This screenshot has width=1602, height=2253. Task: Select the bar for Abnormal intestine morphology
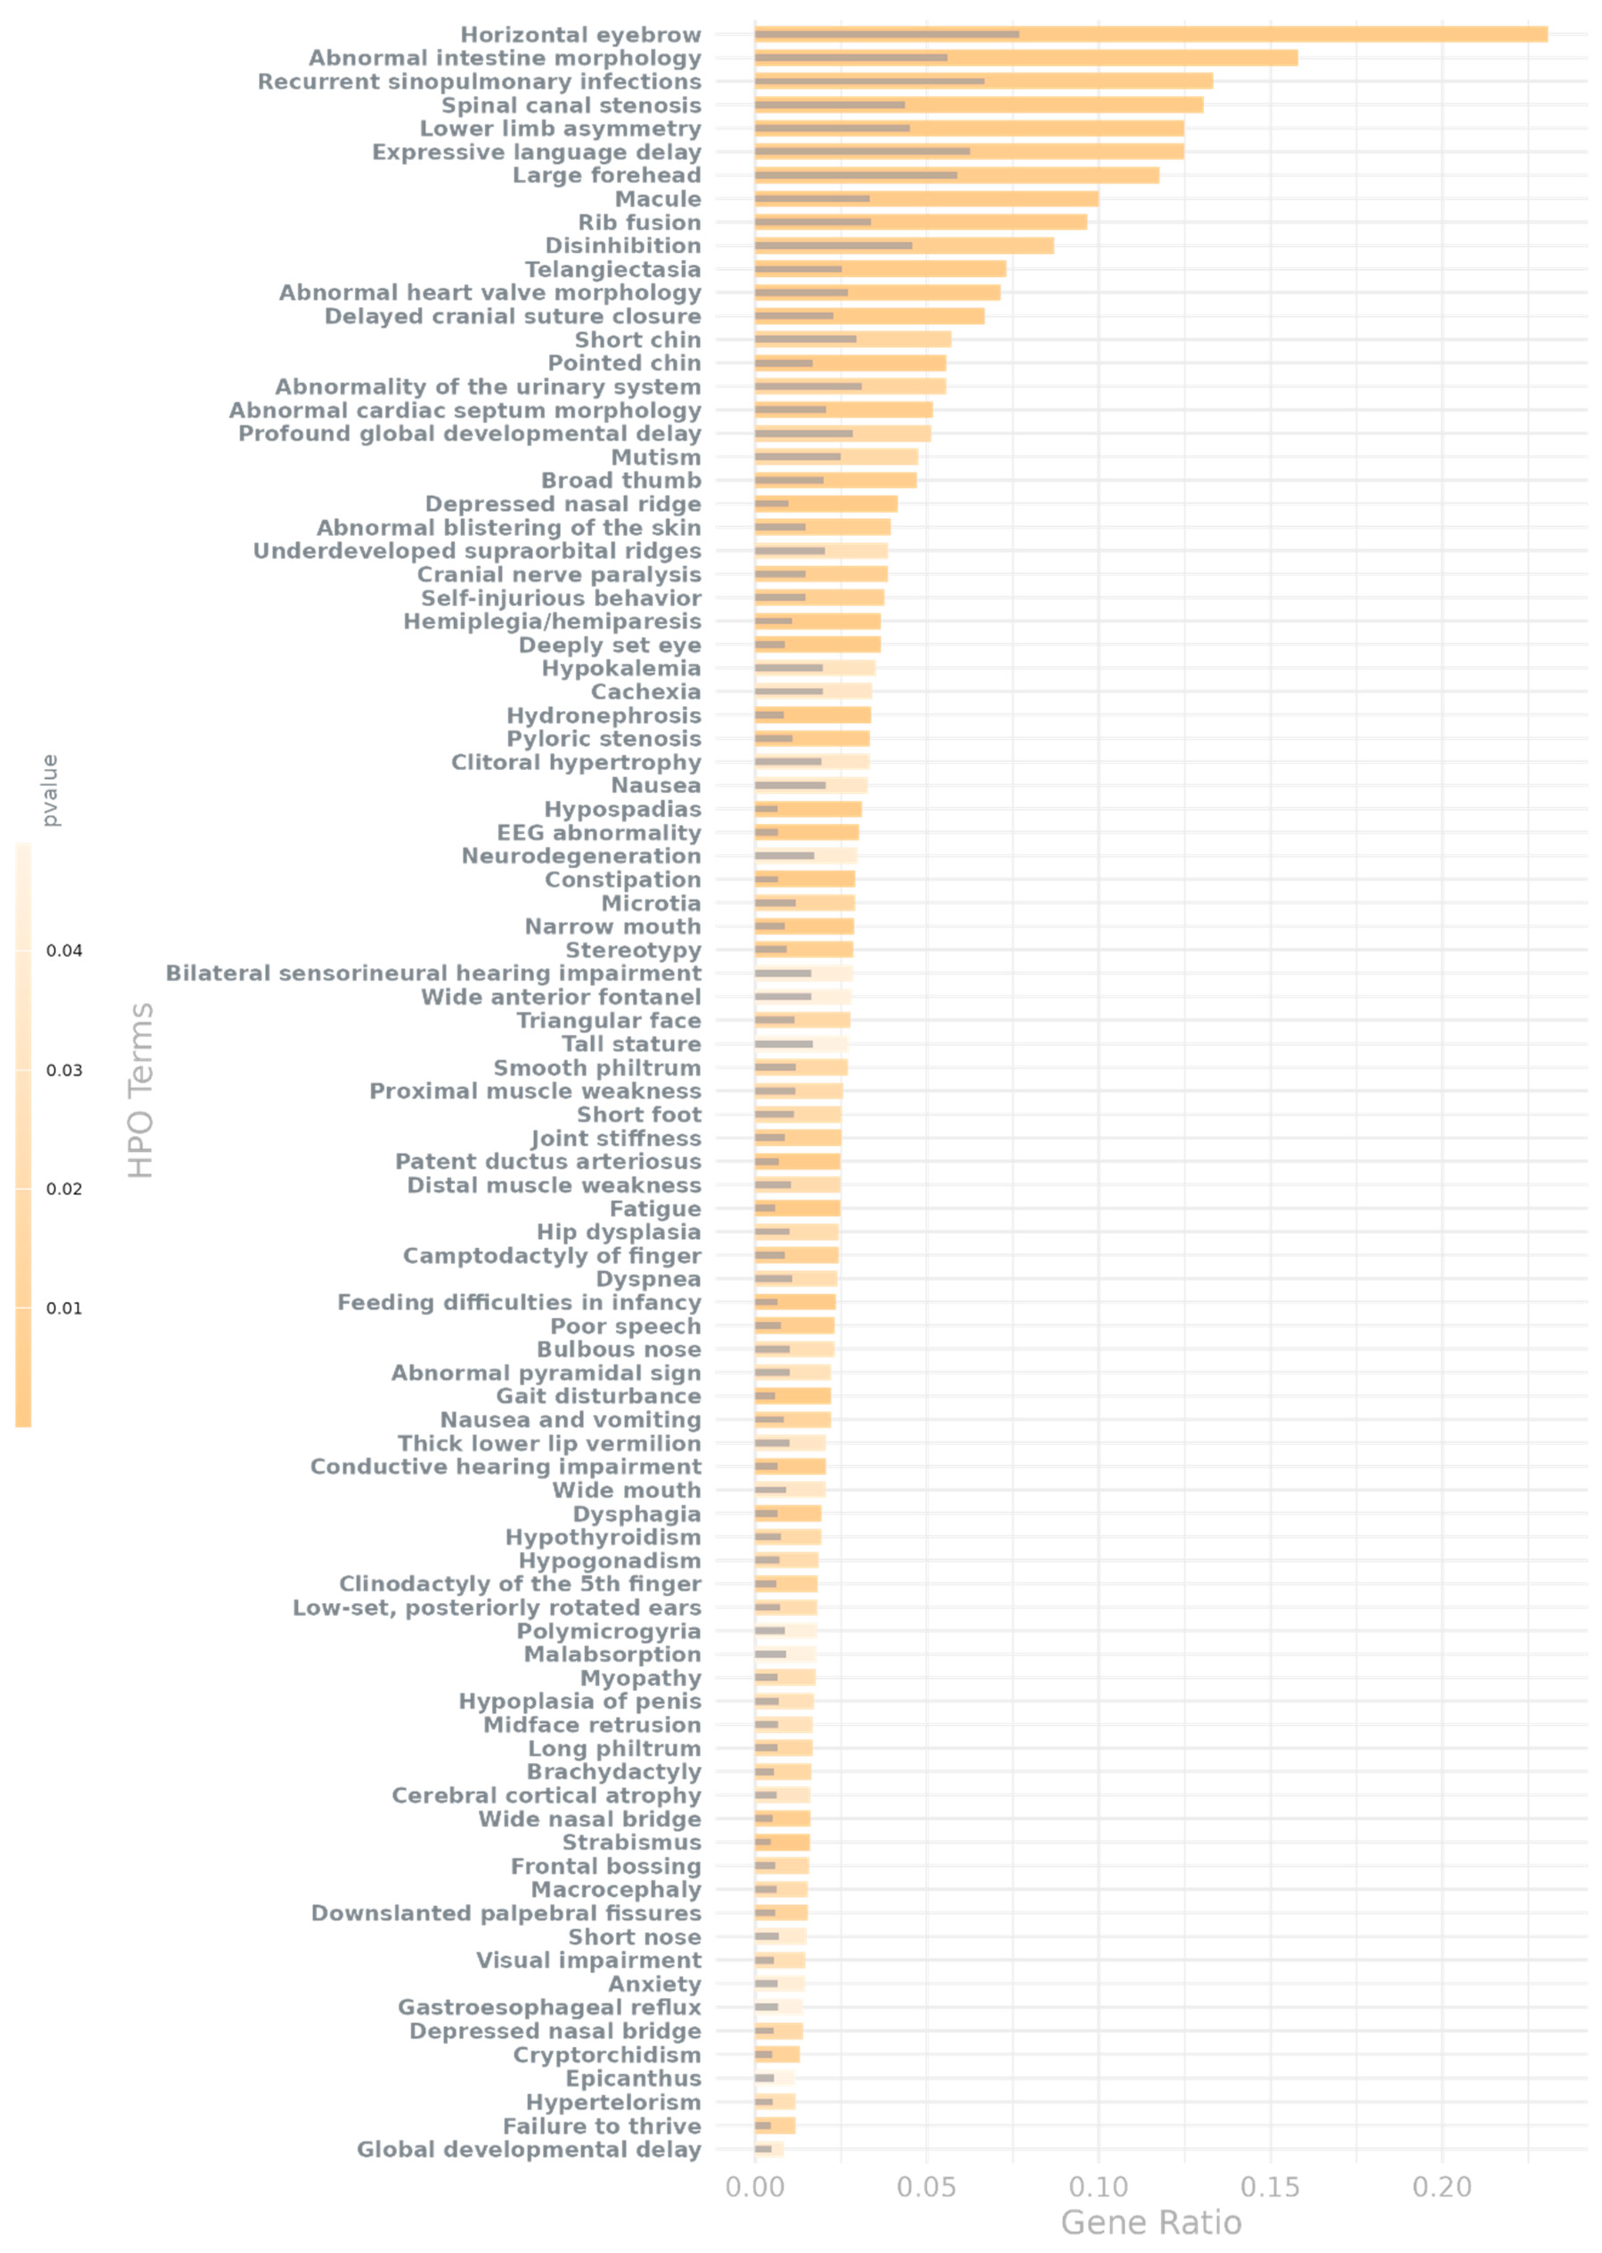pyautogui.click(x=1026, y=58)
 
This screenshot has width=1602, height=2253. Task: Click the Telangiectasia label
pyautogui.click(x=613, y=269)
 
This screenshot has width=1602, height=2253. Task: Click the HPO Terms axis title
pyautogui.click(x=141, y=1090)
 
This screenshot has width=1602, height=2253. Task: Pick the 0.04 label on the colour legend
pyautogui.click(x=64, y=951)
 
